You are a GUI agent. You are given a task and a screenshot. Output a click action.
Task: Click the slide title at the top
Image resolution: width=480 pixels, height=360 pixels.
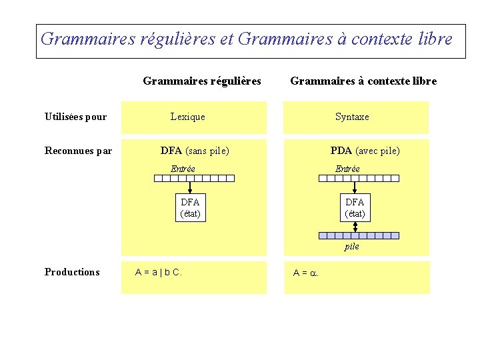coord(246,39)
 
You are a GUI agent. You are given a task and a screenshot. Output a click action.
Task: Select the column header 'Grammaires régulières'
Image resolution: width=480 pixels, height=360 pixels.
coord(202,81)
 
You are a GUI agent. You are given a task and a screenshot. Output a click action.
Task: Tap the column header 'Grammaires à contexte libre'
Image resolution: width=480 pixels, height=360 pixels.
coord(363,81)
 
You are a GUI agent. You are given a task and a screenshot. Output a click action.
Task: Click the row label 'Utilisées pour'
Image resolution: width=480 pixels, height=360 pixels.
coord(75,117)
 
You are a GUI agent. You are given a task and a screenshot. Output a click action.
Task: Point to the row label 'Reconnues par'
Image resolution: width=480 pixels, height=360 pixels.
coord(78,151)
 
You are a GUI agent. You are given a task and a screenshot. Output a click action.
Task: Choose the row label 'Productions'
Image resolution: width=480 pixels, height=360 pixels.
coord(72,272)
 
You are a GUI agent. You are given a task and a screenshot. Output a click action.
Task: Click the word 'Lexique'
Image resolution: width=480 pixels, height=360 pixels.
coord(188,117)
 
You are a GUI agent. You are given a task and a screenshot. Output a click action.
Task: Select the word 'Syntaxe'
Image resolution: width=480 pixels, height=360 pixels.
coord(352,117)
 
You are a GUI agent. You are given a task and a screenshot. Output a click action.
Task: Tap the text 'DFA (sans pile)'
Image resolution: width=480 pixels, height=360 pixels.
coord(195,151)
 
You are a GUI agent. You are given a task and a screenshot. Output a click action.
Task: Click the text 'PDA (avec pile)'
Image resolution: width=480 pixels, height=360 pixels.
coord(365,151)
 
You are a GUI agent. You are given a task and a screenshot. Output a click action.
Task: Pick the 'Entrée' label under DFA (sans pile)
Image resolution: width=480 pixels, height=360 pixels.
coord(183,169)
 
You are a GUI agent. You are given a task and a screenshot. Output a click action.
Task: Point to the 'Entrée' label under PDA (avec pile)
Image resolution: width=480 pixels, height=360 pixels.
coord(347,169)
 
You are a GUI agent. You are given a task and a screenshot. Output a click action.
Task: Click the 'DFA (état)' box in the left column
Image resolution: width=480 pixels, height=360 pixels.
coord(190,207)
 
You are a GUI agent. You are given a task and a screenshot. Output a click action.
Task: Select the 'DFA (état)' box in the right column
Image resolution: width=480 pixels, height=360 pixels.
coord(355,207)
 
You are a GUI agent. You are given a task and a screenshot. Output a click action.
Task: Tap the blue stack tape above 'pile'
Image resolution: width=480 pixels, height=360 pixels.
coord(359,235)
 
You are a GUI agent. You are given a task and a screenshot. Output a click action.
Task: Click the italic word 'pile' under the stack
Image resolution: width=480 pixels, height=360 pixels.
coord(352,247)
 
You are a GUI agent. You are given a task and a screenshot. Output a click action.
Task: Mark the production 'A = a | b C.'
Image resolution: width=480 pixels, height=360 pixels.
coord(159,272)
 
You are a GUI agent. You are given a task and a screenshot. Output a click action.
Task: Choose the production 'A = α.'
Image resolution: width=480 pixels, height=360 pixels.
coord(306,273)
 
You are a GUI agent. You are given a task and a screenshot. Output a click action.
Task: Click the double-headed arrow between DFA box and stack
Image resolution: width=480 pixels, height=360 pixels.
coord(355,227)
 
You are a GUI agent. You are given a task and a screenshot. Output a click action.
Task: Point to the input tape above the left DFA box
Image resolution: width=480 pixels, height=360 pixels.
coord(194,178)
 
